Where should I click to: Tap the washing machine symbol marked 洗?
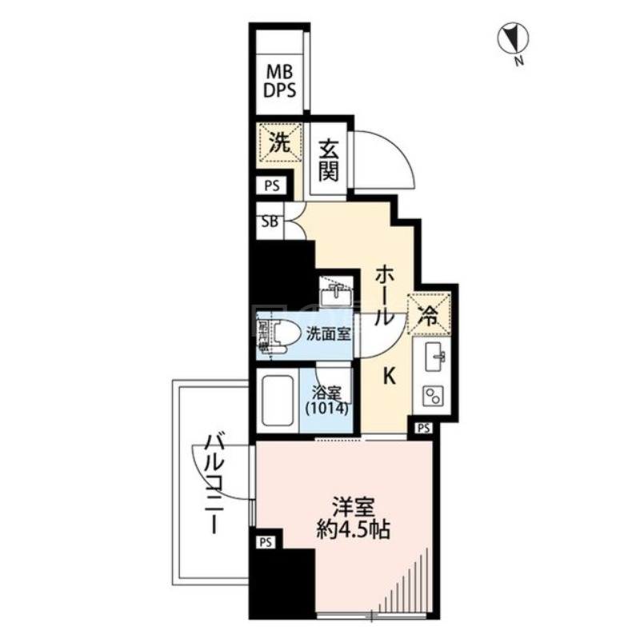[x=279, y=145]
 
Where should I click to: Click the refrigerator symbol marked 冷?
[x=429, y=314]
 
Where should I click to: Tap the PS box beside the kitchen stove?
[x=423, y=428]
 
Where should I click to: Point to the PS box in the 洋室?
[x=266, y=541]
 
